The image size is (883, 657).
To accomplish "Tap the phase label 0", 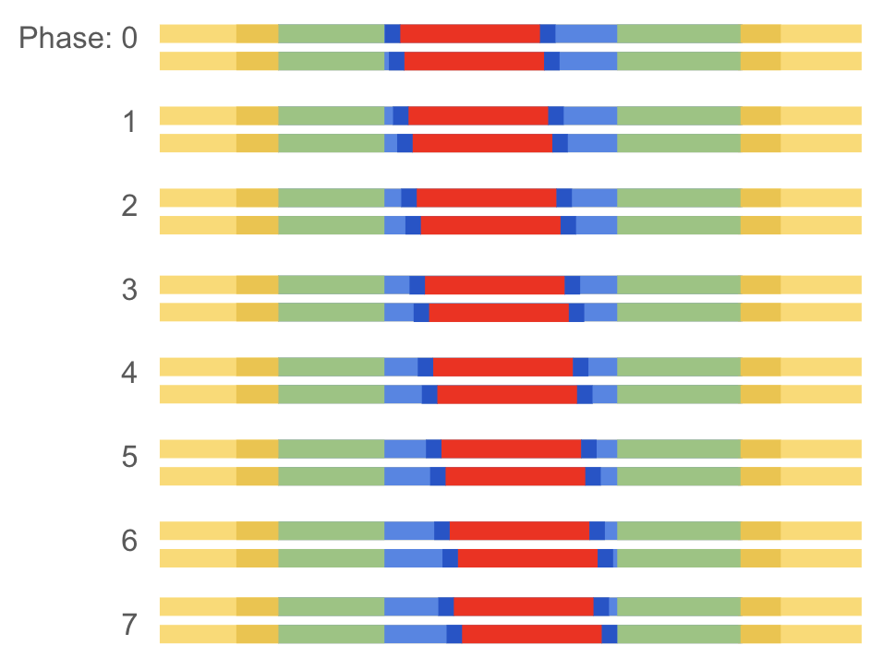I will [x=128, y=39].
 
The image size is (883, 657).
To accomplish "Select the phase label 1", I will [x=129, y=122].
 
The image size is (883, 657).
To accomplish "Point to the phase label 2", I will [x=129, y=206].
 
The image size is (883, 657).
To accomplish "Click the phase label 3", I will [x=129, y=290].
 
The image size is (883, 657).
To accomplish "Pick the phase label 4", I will [x=129, y=374].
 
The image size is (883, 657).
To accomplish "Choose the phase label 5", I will [x=129, y=458].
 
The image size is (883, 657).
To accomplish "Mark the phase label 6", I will [x=129, y=542].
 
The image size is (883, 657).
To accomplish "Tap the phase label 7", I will [x=129, y=626].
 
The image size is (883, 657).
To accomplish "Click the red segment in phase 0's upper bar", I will [x=470, y=33].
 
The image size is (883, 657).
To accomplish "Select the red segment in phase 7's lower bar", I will [x=531, y=634].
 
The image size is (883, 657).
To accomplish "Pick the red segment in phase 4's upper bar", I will [x=503, y=366].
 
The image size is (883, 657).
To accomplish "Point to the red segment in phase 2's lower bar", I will [x=490, y=225].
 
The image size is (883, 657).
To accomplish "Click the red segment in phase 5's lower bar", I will [x=515, y=476].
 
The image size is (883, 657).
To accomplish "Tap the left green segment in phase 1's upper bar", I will [x=331, y=115].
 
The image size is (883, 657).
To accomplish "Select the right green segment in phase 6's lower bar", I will [x=679, y=558].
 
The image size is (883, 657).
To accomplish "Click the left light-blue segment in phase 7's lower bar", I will [x=415, y=634].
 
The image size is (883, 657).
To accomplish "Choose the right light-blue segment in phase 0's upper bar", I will [x=587, y=33].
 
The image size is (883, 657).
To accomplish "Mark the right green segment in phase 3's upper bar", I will [x=679, y=284].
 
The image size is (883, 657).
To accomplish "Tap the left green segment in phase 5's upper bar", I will [x=331, y=448].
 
